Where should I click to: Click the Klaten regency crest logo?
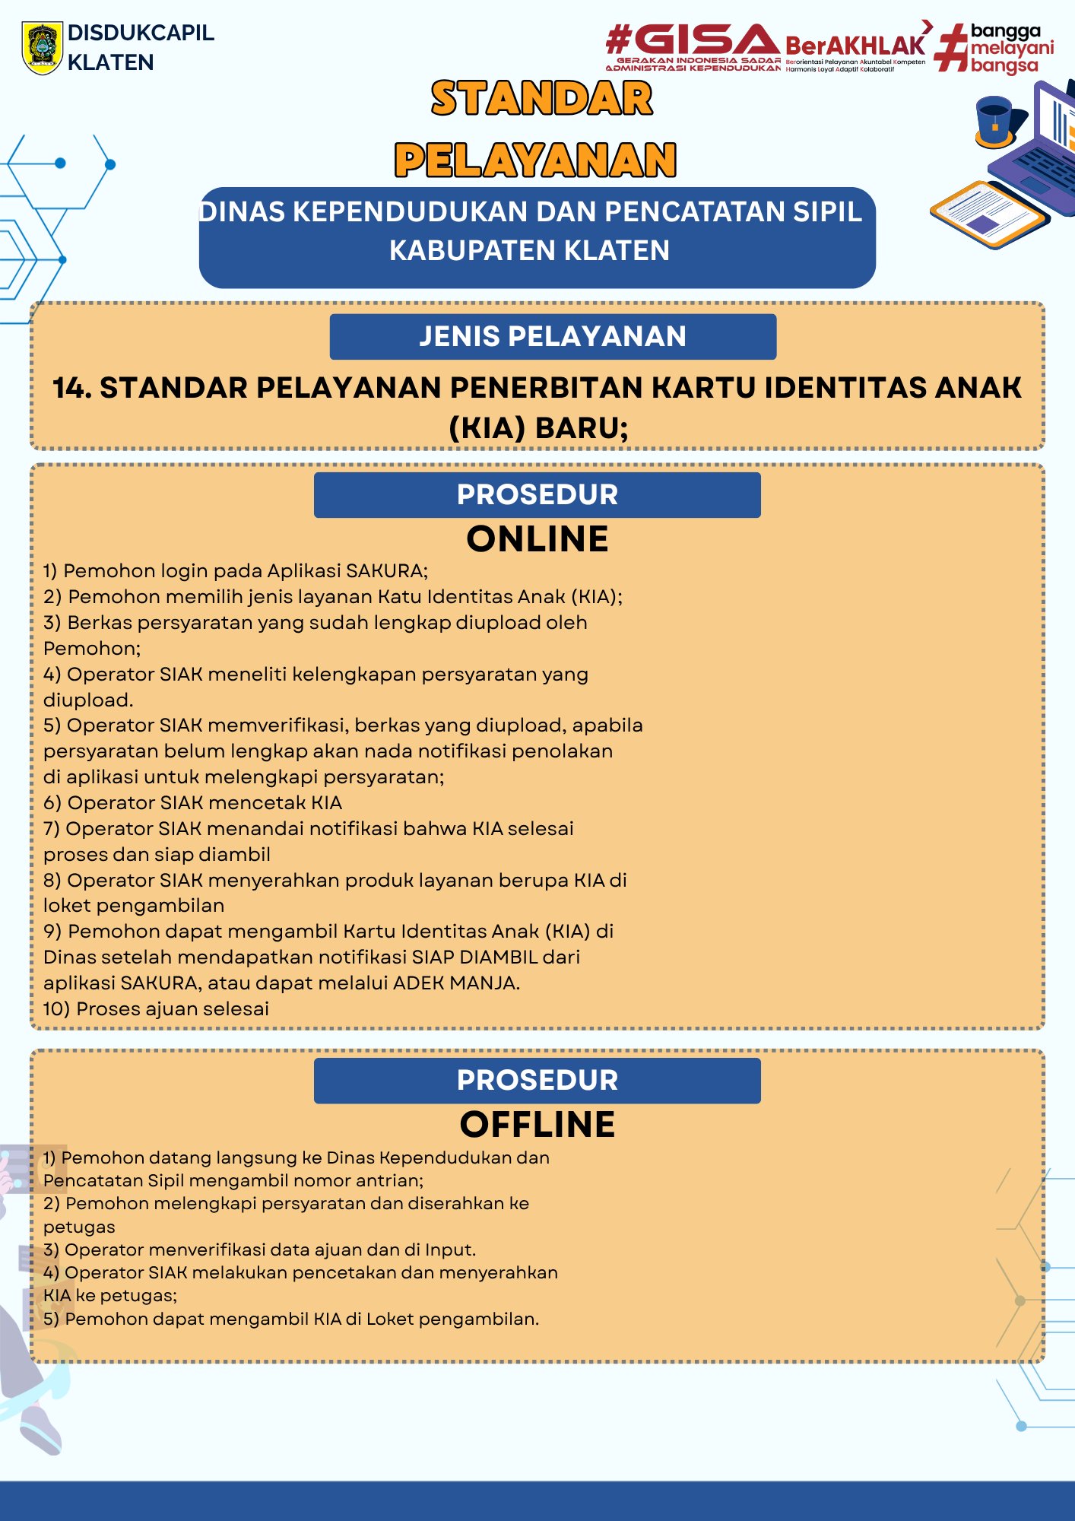coord(42,47)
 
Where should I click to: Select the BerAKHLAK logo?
coord(855,46)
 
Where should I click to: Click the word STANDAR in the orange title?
coord(541,99)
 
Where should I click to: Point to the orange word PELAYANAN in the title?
coord(535,160)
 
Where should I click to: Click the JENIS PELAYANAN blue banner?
coord(553,336)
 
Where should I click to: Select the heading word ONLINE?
coord(537,539)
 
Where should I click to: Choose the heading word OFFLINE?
coord(537,1125)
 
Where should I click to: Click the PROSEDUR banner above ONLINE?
coord(537,495)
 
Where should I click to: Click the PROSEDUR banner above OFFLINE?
coord(537,1081)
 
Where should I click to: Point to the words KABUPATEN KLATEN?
coord(529,250)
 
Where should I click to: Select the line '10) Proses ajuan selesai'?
coord(156,1009)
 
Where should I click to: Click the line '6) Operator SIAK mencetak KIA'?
coord(192,803)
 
